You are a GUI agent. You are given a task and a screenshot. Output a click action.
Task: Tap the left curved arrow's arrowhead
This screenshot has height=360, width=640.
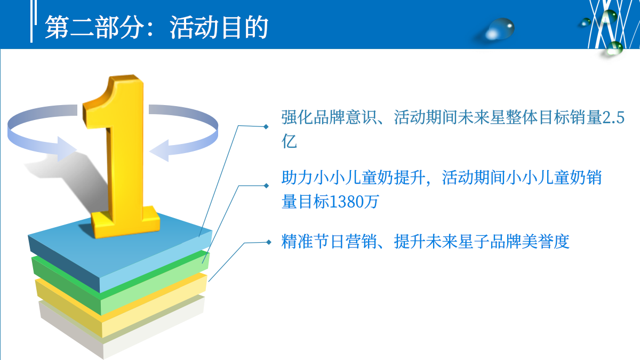[64, 149]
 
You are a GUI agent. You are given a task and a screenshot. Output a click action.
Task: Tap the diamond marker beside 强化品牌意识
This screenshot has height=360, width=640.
[266, 126]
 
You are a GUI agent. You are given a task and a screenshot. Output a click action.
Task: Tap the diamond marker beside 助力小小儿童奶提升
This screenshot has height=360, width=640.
[266, 186]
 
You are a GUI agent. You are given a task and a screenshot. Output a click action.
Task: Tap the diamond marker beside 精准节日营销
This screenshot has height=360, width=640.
[268, 242]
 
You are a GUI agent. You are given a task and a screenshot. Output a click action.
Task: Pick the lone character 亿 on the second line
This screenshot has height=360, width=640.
[289, 142]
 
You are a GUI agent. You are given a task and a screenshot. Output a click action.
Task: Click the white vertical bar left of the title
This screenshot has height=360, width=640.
[32, 24]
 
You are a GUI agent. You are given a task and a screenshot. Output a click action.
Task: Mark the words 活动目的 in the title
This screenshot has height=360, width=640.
[219, 27]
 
